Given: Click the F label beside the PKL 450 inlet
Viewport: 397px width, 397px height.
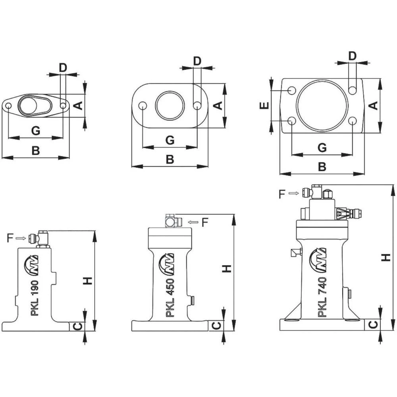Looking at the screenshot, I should (x=205, y=222).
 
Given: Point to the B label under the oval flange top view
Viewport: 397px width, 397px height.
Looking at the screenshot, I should (x=170, y=160).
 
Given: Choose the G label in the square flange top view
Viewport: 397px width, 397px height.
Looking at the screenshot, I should (x=322, y=148).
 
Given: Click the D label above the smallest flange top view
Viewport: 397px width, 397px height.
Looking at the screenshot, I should (x=63, y=67).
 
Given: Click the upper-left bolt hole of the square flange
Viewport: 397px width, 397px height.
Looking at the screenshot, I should (x=292, y=90).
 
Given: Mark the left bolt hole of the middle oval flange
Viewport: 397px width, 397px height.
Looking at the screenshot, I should (x=143, y=105).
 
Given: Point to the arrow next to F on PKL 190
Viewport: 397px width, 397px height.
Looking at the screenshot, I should (x=22, y=238).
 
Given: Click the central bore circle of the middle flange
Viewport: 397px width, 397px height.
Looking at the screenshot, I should (x=170, y=105).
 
